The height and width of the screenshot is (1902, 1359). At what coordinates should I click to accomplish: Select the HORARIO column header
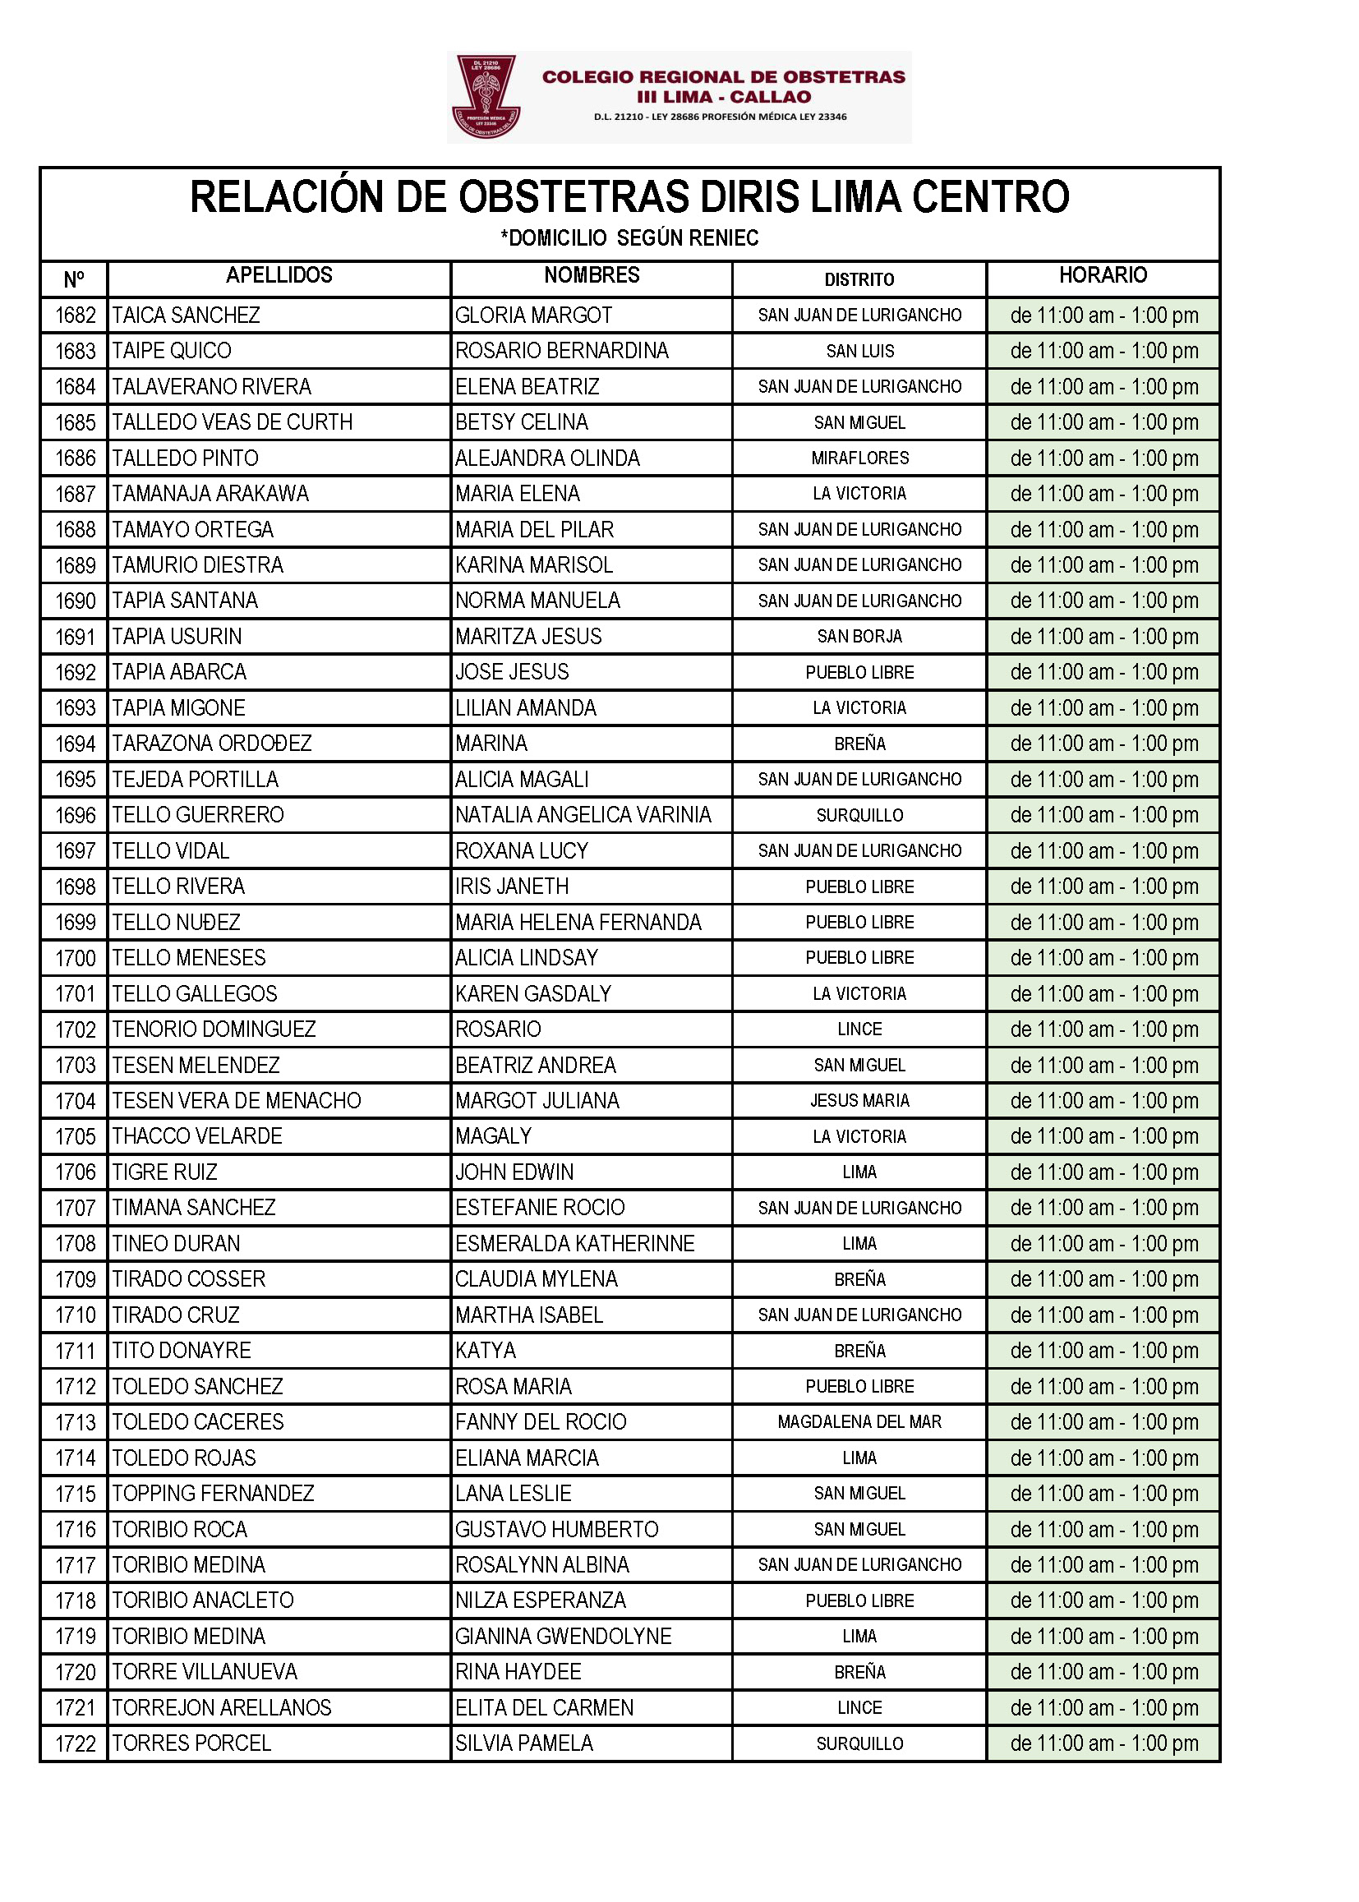click(1103, 275)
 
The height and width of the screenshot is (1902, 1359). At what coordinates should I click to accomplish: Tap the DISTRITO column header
click(859, 279)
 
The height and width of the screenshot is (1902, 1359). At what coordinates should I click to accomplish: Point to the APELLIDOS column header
click(279, 275)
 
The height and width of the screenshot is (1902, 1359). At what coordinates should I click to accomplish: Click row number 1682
click(76, 315)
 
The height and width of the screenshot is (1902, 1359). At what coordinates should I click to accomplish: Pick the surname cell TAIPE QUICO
click(172, 351)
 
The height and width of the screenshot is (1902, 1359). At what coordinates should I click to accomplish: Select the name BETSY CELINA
click(522, 422)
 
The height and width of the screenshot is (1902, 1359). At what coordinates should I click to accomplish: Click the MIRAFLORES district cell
click(859, 458)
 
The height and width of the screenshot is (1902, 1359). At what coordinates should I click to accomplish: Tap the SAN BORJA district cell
click(859, 637)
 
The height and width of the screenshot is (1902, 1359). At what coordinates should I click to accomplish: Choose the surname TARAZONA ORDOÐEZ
click(212, 744)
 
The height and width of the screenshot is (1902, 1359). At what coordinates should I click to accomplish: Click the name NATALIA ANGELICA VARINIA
click(583, 815)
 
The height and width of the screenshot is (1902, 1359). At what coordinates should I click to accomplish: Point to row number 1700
click(76, 958)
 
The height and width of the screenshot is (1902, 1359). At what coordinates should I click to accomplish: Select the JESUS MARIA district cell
click(859, 1100)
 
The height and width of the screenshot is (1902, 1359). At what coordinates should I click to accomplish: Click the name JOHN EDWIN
click(514, 1172)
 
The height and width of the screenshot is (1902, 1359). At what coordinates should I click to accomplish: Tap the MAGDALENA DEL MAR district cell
click(859, 1421)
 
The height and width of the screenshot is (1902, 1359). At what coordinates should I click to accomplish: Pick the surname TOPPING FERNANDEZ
click(213, 1494)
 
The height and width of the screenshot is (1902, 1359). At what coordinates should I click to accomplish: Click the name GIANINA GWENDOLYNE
click(563, 1637)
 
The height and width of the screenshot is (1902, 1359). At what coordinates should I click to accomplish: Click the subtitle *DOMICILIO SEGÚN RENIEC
click(629, 238)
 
